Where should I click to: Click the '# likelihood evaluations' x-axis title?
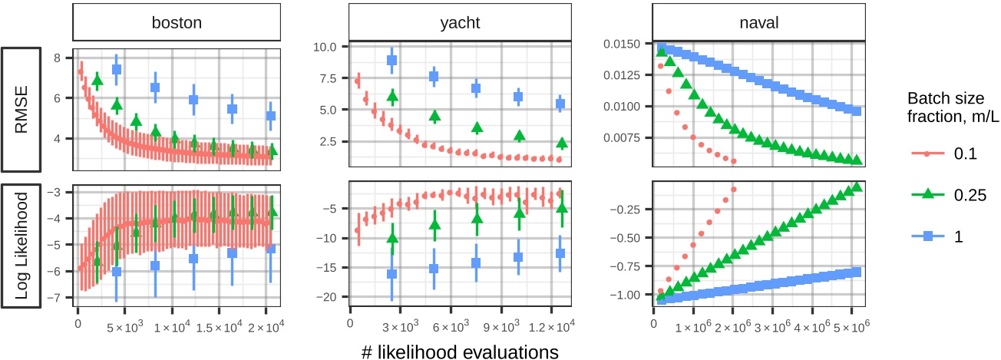point(458,350)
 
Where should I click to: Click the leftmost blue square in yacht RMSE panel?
point(391,60)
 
